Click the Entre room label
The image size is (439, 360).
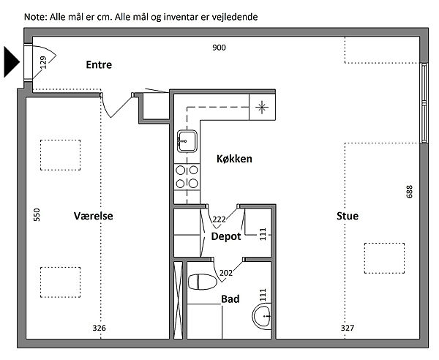tap(99, 64)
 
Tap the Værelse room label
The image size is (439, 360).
tap(94, 216)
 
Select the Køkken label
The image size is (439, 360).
tap(234, 159)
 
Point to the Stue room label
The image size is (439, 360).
tap(348, 216)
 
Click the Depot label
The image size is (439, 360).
tap(226, 236)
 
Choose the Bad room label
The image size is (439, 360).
tap(230, 299)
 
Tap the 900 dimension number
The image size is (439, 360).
tap(219, 48)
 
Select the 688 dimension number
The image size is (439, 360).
tap(409, 192)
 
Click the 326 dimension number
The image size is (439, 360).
tap(100, 328)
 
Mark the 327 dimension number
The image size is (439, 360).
tap(348, 328)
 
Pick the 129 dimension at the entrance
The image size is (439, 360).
tap(42, 64)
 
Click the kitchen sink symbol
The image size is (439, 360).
tap(187, 140)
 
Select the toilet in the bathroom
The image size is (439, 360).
tap(200, 282)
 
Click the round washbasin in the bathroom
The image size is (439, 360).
tap(261, 317)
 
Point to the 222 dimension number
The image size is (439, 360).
tap(219, 219)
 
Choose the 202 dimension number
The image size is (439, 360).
tap(225, 273)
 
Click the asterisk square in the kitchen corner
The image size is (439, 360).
tap(262, 107)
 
